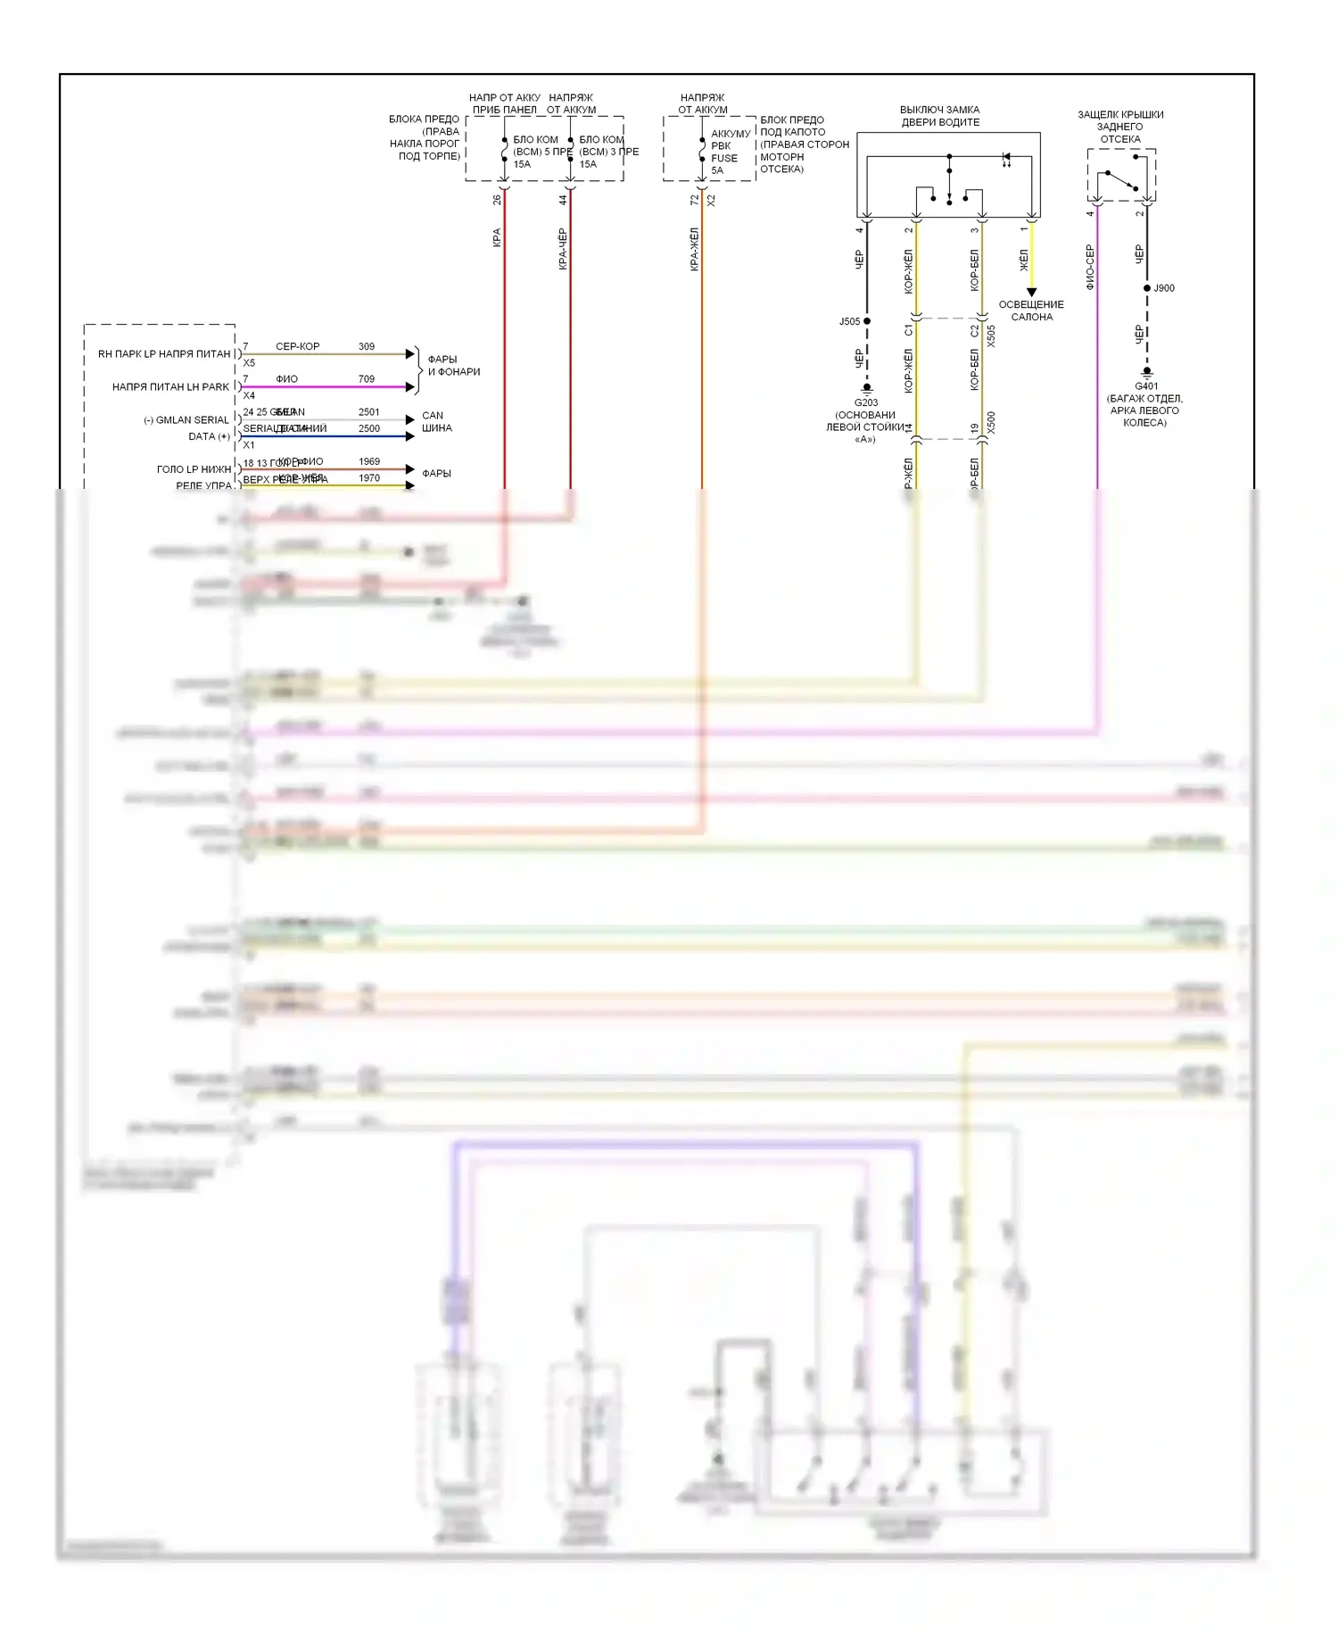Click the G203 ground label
click(x=865, y=402)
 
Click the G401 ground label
click(x=1146, y=386)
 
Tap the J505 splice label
click(x=849, y=321)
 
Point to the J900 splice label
click(x=1164, y=288)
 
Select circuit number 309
click(x=366, y=346)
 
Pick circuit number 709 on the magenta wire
click(x=366, y=379)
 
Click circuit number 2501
click(x=368, y=412)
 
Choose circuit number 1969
click(x=368, y=461)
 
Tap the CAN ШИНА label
click(x=436, y=422)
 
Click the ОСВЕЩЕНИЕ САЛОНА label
click(x=1031, y=310)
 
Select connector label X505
click(x=991, y=336)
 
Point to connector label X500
click(x=991, y=423)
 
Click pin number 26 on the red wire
click(x=497, y=200)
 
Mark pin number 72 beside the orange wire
click(x=694, y=201)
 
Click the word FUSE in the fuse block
click(x=724, y=158)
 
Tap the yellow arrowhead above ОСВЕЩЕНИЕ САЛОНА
click(x=1031, y=292)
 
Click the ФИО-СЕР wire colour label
click(x=1089, y=268)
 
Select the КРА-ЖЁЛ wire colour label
click(x=694, y=249)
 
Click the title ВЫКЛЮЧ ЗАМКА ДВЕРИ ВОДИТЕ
click(x=939, y=116)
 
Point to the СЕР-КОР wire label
click(x=297, y=346)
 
